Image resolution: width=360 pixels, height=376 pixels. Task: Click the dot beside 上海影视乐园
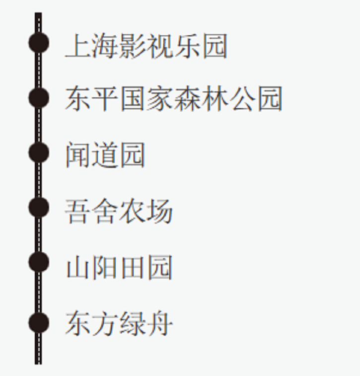[x=39, y=43]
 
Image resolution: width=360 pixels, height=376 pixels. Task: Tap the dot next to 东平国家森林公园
[x=39, y=97]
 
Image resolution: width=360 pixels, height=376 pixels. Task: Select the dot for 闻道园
[x=39, y=152]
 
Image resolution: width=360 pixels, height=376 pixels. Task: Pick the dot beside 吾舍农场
[x=39, y=208]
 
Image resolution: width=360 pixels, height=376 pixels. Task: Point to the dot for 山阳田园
[x=39, y=262]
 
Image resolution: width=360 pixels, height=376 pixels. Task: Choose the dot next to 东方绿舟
[x=39, y=322]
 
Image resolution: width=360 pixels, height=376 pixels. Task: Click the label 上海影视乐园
[x=146, y=46]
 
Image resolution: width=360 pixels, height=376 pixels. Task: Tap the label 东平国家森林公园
[x=174, y=98]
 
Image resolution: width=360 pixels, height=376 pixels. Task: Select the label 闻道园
[x=105, y=154]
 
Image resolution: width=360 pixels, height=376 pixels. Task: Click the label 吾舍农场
[x=119, y=211]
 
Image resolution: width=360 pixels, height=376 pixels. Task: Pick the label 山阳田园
[x=119, y=267]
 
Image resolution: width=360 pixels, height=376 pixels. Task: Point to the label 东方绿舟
[x=119, y=324]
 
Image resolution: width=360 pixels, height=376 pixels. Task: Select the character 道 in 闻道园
[x=105, y=154]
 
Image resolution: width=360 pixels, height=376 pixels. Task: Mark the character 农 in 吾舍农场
[x=133, y=211]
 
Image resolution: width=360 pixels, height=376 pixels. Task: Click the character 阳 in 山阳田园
[x=105, y=267]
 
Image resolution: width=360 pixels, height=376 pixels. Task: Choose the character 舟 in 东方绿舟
[x=160, y=324]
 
